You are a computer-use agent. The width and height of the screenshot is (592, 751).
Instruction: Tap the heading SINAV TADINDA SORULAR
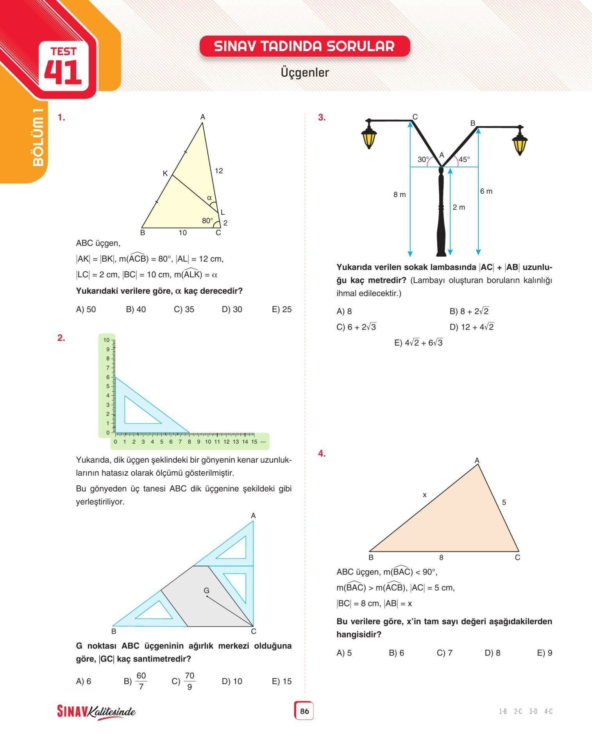[x=304, y=46]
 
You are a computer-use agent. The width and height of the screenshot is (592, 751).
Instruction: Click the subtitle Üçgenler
[x=305, y=72]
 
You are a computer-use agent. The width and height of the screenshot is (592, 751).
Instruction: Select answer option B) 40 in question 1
[x=136, y=309]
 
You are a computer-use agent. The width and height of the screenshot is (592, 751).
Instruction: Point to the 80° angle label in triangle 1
[x=207, y=221]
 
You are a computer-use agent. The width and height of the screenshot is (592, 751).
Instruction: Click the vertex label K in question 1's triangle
[x=165, y=173]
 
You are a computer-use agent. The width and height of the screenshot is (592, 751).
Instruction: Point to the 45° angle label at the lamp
[x=464, y=159]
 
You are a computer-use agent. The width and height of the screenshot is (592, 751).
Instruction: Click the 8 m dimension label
[x=399, y=194]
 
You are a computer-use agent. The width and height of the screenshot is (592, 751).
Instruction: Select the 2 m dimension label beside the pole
[x=459, y=207]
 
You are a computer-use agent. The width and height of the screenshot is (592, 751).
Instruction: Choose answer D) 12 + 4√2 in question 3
[x=472, y=327]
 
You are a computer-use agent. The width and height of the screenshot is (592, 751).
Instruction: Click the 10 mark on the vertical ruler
[x=106, y=340]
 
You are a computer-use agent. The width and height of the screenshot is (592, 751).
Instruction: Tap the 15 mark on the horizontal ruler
[x=254, y=442]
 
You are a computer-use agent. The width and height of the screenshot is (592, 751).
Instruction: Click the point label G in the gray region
[x=207, y=591]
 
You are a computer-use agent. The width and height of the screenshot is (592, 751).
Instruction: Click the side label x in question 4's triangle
[x=424, y=495]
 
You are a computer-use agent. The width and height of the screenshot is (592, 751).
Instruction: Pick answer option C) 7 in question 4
[x=444, y=653]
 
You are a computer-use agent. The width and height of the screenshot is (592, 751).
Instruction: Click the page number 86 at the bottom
[x=304, y=711]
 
